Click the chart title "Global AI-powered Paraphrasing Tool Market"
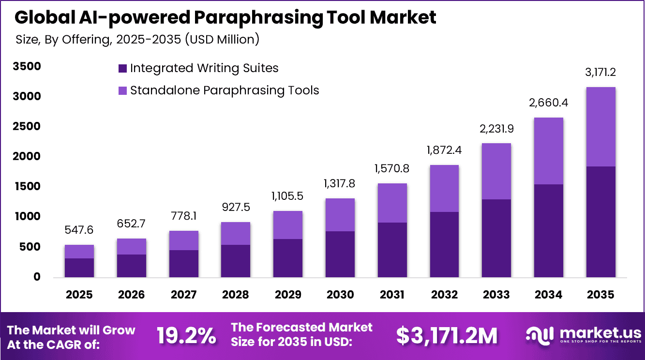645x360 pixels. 225,17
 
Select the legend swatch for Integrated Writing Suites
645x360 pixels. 122,68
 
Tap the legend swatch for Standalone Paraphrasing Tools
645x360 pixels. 122,90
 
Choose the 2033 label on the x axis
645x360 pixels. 496,295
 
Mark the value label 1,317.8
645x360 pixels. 340,184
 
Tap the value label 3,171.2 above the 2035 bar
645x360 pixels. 600,73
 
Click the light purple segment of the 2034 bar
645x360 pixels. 548,151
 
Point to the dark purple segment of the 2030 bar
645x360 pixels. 340,254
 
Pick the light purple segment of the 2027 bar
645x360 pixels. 183,240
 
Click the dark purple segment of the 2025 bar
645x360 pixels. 79,268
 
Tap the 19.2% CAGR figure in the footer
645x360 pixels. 186,336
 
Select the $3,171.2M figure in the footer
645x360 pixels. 446,336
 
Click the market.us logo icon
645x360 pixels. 540,336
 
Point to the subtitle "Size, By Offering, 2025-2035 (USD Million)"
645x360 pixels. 137,39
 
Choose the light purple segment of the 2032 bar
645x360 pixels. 444,188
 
